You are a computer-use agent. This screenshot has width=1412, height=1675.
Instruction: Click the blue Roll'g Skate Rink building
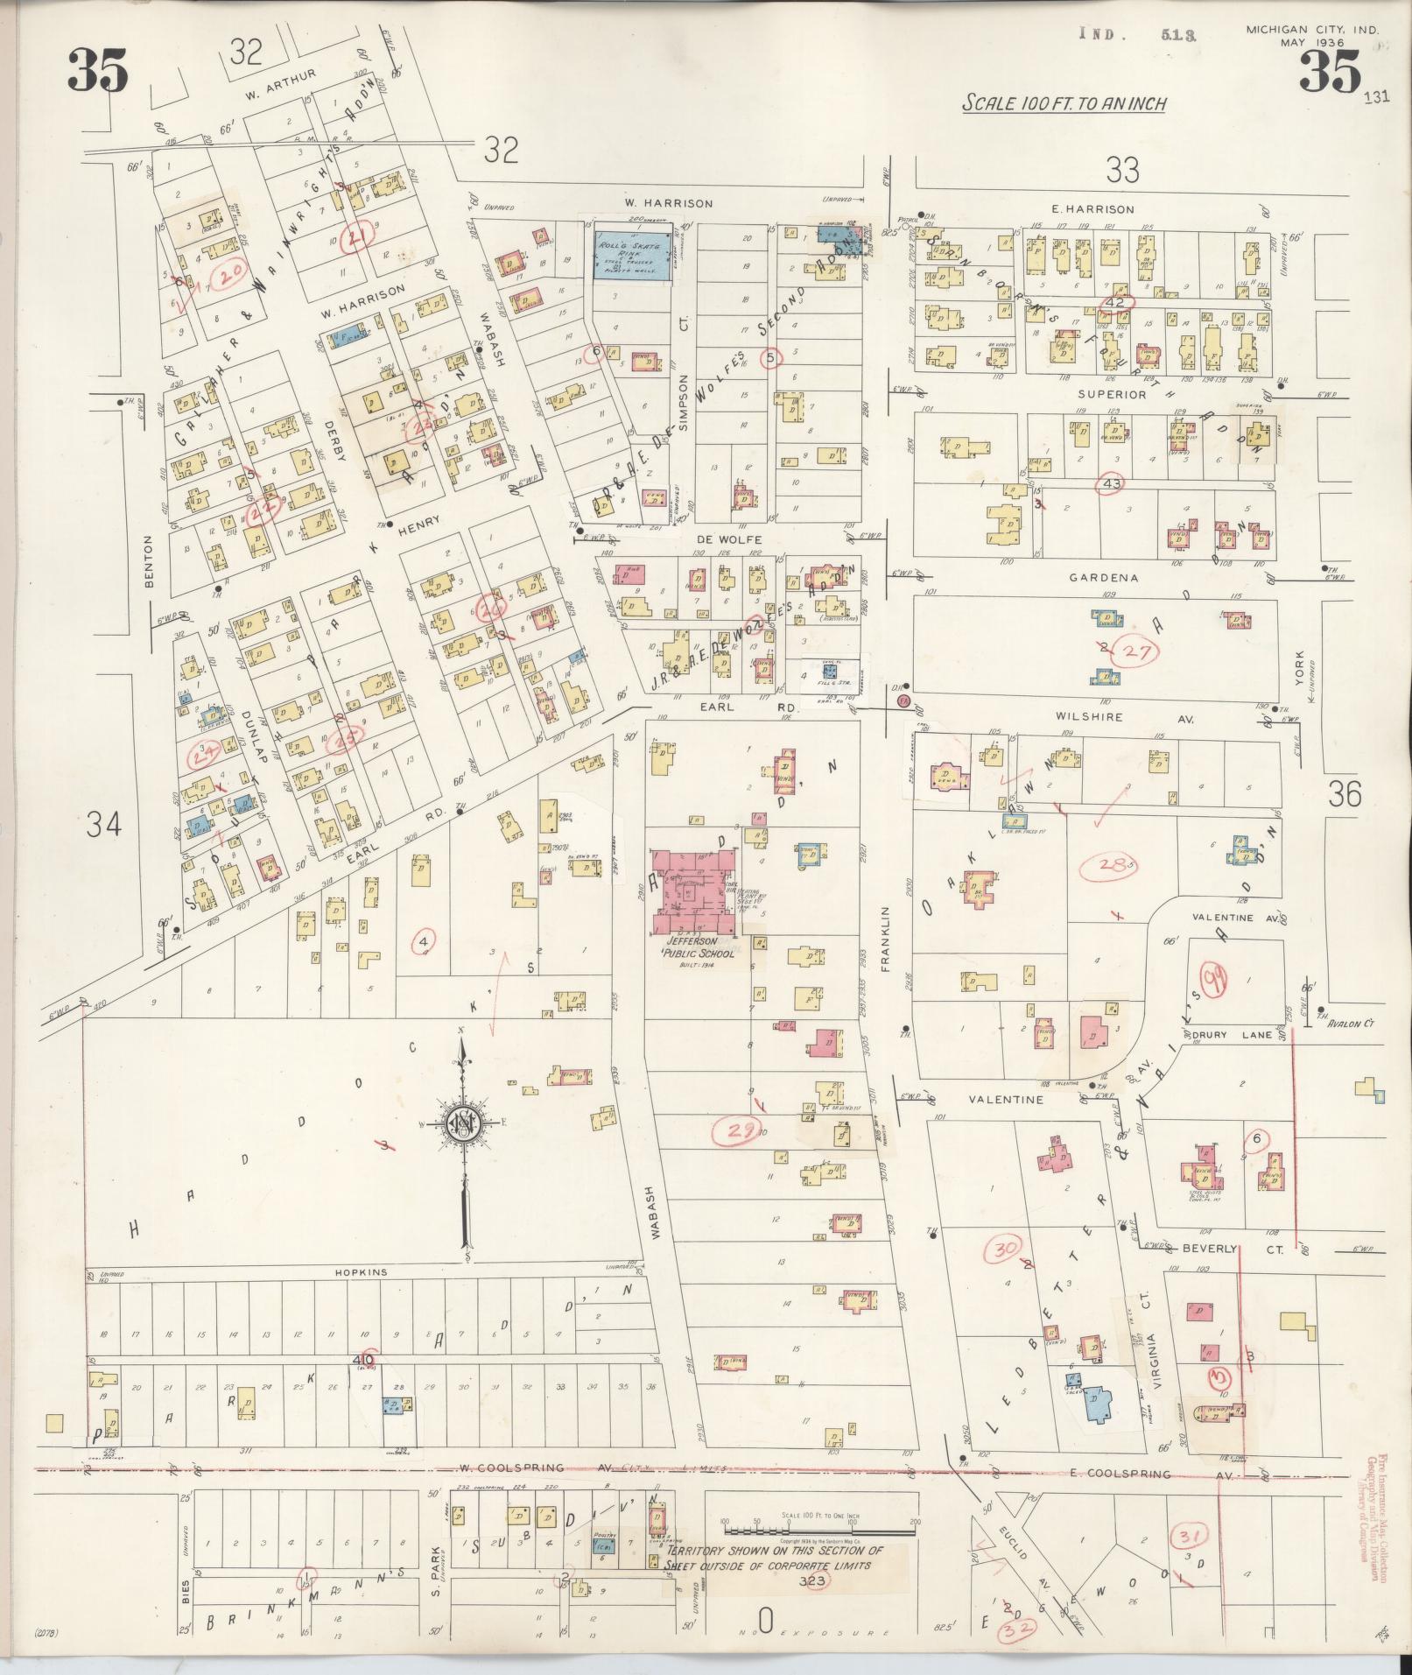(635, 256)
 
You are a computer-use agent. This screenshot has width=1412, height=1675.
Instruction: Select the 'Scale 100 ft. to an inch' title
(1064, 103)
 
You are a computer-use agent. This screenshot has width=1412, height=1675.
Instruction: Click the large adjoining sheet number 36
(1345, 794)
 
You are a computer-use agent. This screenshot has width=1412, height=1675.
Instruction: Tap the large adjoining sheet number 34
(104, 824)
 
